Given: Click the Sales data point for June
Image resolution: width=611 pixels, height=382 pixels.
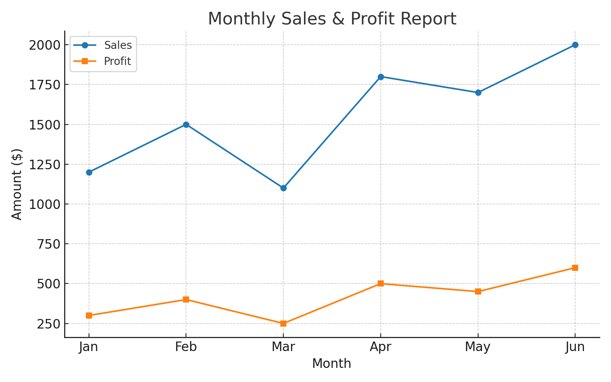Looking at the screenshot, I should tap(575, 45).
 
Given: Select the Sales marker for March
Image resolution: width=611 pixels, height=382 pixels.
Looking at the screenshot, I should tap(283, 188).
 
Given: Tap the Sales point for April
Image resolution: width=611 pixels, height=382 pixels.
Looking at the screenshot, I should tap(381, 77).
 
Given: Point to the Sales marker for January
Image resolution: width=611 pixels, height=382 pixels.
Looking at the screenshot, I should tap(89, 172).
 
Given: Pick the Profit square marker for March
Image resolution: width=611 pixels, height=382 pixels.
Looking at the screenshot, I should tap(283, 324).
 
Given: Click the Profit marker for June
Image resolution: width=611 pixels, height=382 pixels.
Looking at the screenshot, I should tap(575, 268).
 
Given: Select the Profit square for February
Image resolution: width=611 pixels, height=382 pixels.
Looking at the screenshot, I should tap(186, 299).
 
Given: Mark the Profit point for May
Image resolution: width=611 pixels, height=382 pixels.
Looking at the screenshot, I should tap(478, 291).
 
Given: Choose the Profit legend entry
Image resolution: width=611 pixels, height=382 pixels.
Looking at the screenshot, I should tap(117, 62).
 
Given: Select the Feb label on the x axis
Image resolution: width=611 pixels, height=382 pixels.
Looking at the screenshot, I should tap(186, 347).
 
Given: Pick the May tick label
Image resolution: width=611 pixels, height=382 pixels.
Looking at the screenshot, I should tap(478, 347).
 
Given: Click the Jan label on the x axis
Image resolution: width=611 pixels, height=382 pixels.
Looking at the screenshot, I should tap(89, 347).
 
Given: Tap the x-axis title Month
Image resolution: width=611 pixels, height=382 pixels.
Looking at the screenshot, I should tap(331, 364).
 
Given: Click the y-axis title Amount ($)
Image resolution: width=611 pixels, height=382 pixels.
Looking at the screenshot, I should tap(17, 184).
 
